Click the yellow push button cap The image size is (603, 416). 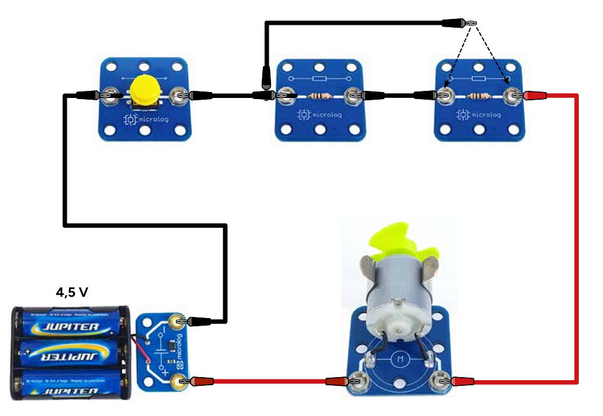click(x=145, y=90)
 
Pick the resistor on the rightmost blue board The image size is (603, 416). click(x=478, y=96)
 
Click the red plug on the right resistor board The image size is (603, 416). click(x=534, y=94)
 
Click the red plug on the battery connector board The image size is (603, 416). click(x=198, y=382)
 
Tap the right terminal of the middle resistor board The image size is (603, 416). click(x=353, y=94)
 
